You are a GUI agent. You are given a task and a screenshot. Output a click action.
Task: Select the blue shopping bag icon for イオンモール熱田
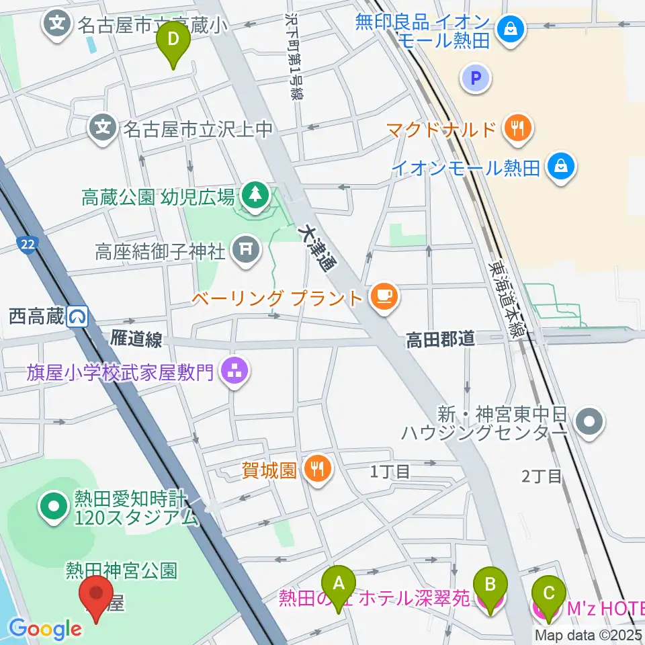click(561, 167)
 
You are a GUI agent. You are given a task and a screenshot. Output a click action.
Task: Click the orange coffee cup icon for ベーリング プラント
click(384, 296)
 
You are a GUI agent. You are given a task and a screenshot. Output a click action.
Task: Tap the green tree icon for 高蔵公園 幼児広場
click(255, 197)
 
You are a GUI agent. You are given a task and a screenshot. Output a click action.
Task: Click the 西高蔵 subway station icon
click(79, 316)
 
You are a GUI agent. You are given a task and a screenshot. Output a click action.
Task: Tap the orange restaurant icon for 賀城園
click(317, 469)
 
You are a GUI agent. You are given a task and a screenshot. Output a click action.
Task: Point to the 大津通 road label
click(320, 246)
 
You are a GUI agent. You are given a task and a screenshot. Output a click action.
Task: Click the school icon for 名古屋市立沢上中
click(103, 126)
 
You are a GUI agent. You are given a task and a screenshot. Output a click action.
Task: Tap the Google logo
click(46, 629)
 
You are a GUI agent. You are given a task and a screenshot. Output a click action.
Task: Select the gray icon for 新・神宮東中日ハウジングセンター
click(591, 422)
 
